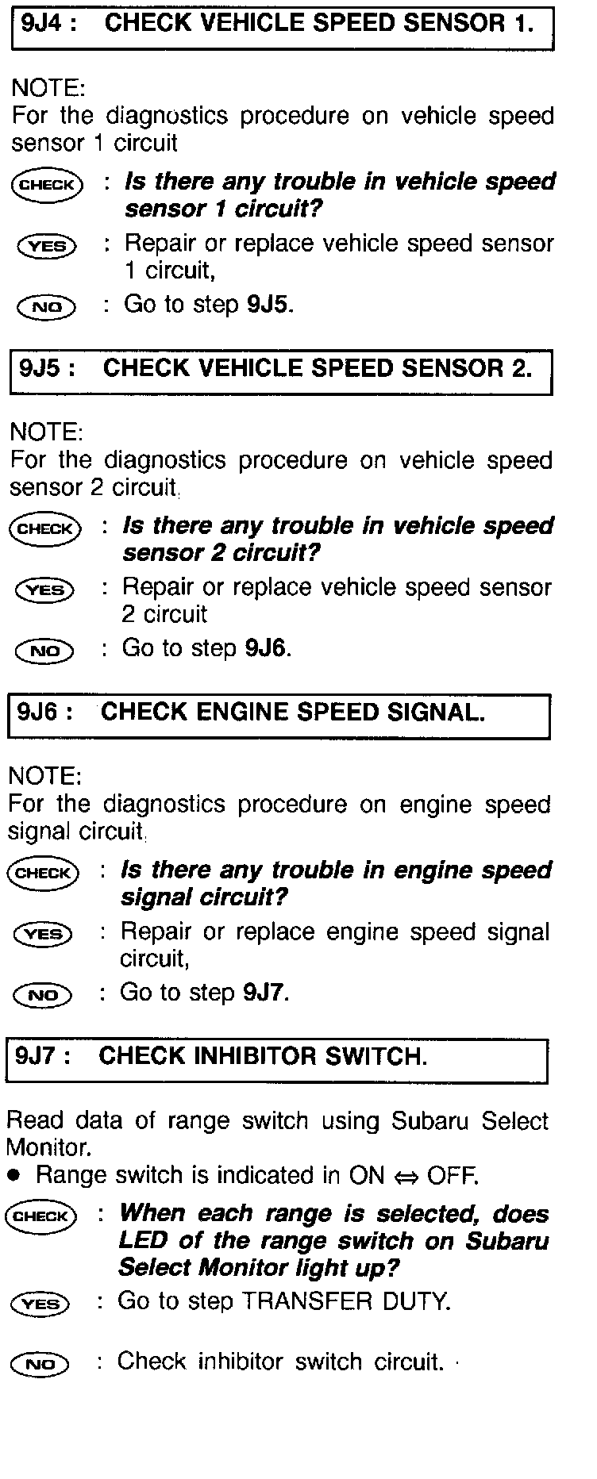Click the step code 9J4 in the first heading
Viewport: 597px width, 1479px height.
(39, 24)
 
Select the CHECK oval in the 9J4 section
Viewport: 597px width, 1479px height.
(47, 186)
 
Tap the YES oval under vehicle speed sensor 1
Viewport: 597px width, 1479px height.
(47, 247)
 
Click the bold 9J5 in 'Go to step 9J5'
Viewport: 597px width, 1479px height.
(268, 305)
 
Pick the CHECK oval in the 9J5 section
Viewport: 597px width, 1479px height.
(45, 529)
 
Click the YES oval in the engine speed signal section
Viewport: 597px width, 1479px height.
(43, 934)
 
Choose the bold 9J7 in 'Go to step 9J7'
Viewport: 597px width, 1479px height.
(264, 993)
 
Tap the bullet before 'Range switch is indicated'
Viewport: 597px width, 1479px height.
(13, 1175)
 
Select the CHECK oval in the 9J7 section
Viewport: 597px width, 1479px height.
(40, 1216)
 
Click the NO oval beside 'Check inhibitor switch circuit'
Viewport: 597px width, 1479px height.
(40, 1365)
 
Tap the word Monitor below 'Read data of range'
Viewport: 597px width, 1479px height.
(47, 1147)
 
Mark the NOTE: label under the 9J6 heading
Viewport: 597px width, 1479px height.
(44, 776)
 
